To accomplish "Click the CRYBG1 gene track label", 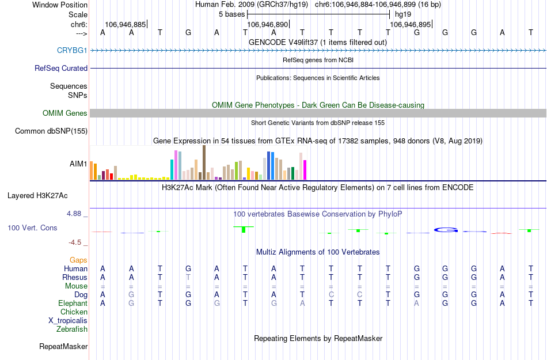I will tap(72, 50).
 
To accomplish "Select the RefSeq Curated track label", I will tap(61, 68).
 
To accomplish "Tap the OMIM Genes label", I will tap(65, 113).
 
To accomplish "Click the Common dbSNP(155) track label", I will tap(51, 131).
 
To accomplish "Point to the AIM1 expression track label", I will tap(78, 164).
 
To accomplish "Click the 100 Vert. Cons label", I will tap(32, 228).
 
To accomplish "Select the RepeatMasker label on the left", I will tap(63, 347).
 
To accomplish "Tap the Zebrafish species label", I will tap(72, 329).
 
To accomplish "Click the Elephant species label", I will tap(73, 304).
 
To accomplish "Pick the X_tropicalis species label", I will tap(68, 321).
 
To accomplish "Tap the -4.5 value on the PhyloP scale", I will tap(77, 242).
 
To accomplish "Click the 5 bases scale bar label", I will tap(231, 14).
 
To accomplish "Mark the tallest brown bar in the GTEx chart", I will tap(204, 162).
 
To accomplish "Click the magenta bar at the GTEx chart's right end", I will tap(305, 169).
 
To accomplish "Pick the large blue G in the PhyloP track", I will tap(446, 230).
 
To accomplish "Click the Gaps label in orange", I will tap(79, 260).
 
